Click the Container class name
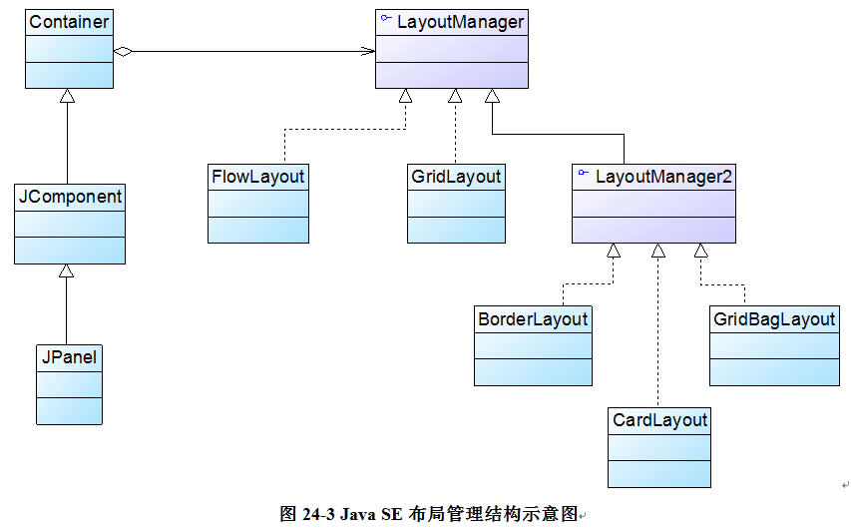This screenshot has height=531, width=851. pos(69,21)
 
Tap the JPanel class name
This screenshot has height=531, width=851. pos(69,356)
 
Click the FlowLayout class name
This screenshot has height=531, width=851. pos(258,177)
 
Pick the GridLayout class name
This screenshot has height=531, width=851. pos(456,177)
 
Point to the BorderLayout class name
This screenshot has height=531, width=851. pos(533,319)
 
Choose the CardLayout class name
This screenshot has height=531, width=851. pos(659,420)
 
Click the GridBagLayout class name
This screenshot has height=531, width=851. pos(774,319)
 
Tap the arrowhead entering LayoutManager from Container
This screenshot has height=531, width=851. pos(368,51)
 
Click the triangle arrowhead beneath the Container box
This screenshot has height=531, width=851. pos(67,97)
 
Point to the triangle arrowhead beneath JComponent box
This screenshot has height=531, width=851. pos(67,271)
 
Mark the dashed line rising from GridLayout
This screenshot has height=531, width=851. pos(455,130)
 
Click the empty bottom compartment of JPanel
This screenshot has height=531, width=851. pos(69,410)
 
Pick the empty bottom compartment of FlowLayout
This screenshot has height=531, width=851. pos(258,230)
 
